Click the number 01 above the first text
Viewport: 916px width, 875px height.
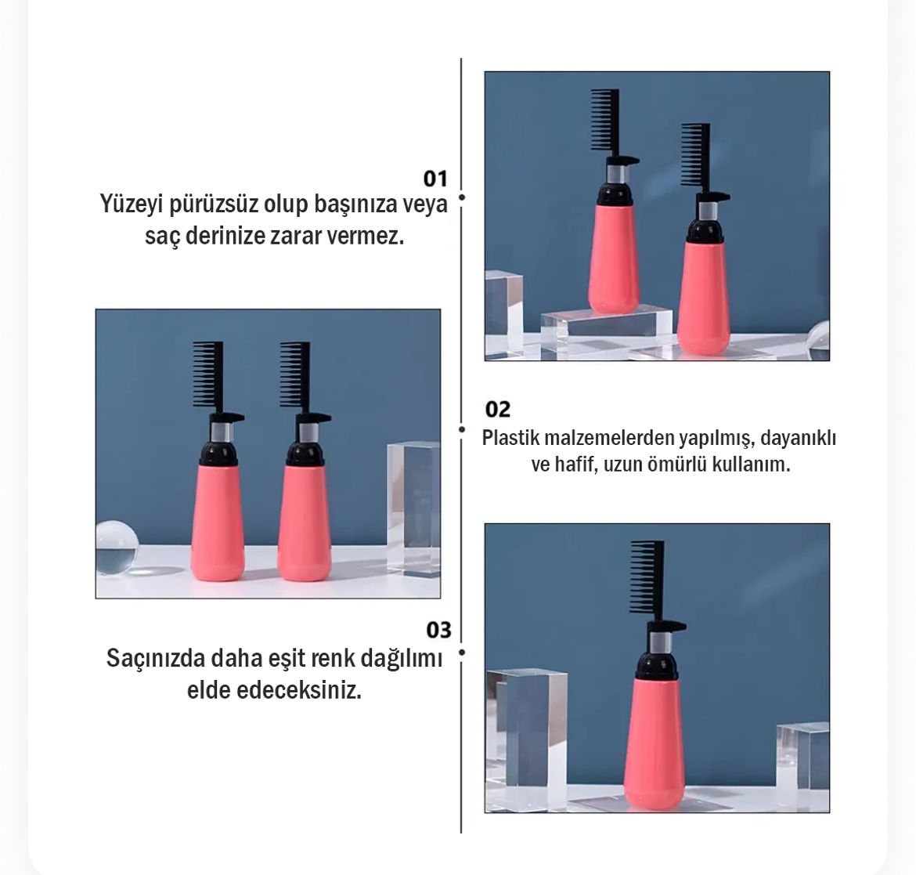pos(435,179)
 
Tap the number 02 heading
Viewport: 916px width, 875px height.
pos(498,409)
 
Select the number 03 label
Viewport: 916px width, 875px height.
pos(438,630)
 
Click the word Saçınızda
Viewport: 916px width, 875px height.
pos(155,660)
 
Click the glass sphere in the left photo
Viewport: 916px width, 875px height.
pos(116,547)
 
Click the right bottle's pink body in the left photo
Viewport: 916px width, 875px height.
pos(305,522)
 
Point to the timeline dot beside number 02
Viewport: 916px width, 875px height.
pos(461,429)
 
